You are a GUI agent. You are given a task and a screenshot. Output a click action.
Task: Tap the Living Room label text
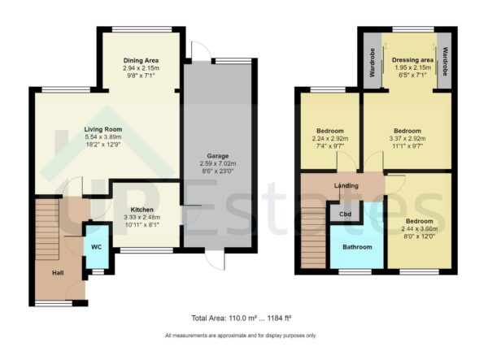click(x=102, y=129)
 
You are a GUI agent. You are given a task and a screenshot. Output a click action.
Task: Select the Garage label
click(x=216, y=155)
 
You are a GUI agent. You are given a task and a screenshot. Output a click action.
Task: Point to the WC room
click(x=96, y=245)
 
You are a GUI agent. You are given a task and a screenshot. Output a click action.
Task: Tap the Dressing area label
click(x=412, y=60)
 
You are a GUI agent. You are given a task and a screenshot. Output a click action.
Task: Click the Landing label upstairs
click(x=346, y=186)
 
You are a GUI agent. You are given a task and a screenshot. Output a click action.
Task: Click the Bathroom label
click(x=357, y=247)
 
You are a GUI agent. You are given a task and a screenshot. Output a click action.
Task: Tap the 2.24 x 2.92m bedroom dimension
click(x=330, y=139)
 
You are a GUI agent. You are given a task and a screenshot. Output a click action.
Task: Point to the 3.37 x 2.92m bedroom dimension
click(x=407, y=139)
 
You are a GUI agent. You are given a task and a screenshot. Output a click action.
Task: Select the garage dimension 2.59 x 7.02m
click(x=216, y=163)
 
